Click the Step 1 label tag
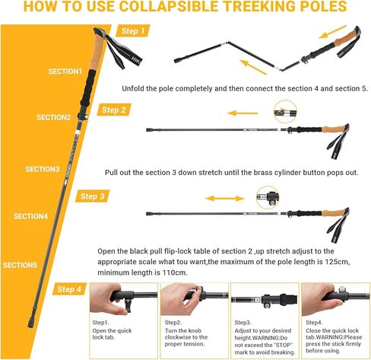[x=134, y=31]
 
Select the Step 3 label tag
[x=93, y=196]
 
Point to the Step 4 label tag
[x=69, y=289]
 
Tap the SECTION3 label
[x=42, y=169]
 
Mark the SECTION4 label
[x=30, y=216]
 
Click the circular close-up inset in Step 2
[x=284, y=110]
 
